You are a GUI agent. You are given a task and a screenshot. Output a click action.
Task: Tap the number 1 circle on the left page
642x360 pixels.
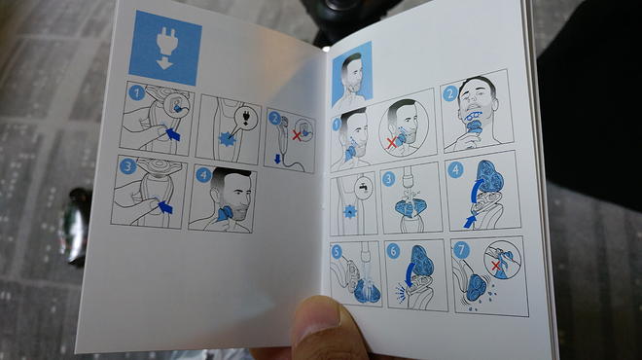point(137,92)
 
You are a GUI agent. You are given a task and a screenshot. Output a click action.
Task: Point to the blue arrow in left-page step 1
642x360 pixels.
point(173,133)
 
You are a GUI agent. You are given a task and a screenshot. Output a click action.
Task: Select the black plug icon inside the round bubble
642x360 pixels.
point(246,118)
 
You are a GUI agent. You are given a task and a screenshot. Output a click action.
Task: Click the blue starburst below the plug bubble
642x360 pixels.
point(228,139)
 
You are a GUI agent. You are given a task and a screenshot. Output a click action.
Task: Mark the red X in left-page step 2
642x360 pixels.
point(297,136)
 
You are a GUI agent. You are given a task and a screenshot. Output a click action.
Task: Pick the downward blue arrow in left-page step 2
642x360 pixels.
point(277,159)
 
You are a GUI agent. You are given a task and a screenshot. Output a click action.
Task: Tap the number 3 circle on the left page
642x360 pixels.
point(127,166)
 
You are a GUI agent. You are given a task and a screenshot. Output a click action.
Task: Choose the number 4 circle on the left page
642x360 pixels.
point(203,175)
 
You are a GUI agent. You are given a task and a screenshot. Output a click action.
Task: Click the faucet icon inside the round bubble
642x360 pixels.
point(364,188)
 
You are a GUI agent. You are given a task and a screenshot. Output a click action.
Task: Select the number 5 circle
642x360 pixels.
point(337,251)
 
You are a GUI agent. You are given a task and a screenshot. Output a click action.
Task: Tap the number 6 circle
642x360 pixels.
point(393,251)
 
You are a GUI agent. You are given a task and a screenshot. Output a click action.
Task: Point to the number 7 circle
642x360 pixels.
point(461,250)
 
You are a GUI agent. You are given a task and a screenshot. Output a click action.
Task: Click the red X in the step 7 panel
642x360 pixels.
point(496,266)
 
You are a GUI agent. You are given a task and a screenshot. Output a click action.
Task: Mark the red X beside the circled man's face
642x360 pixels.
point(392,142)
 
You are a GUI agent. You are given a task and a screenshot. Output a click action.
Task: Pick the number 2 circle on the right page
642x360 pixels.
point(450,93)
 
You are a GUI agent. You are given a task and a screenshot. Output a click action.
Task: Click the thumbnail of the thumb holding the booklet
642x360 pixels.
point(318,316)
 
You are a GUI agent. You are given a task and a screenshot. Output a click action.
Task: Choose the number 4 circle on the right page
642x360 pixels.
point(455,169)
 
